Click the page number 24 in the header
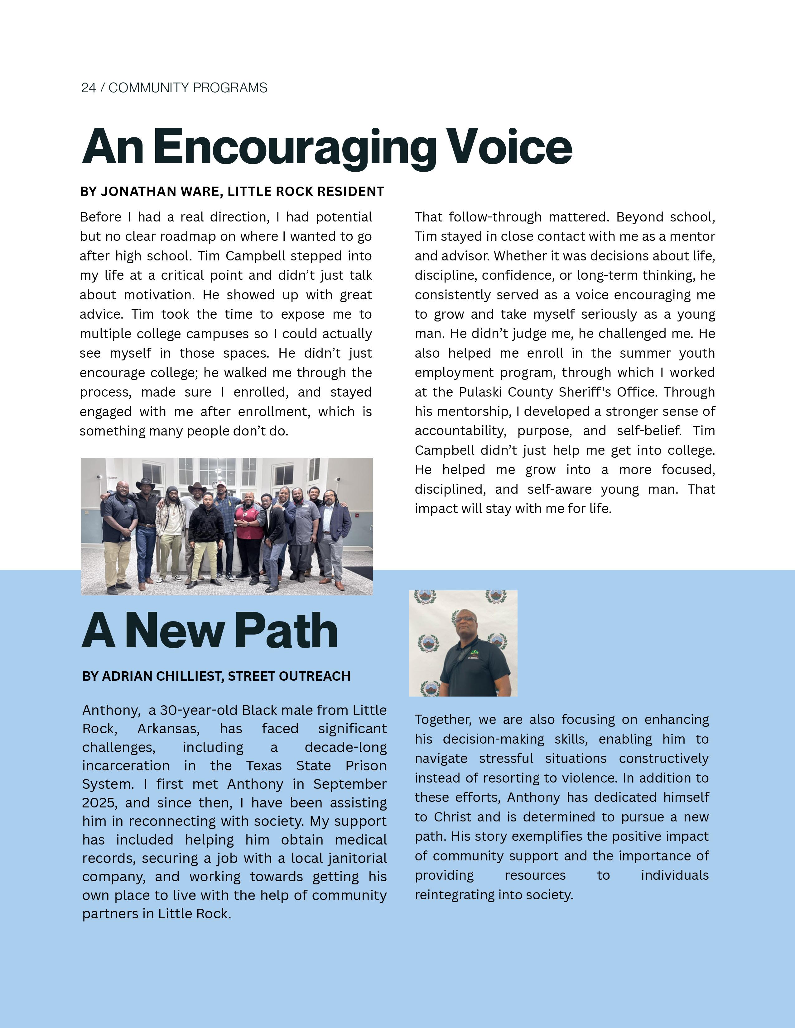(89, 88)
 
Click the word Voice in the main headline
(510, 147)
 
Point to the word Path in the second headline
(286, 631)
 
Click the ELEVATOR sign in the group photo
(113, 477)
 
